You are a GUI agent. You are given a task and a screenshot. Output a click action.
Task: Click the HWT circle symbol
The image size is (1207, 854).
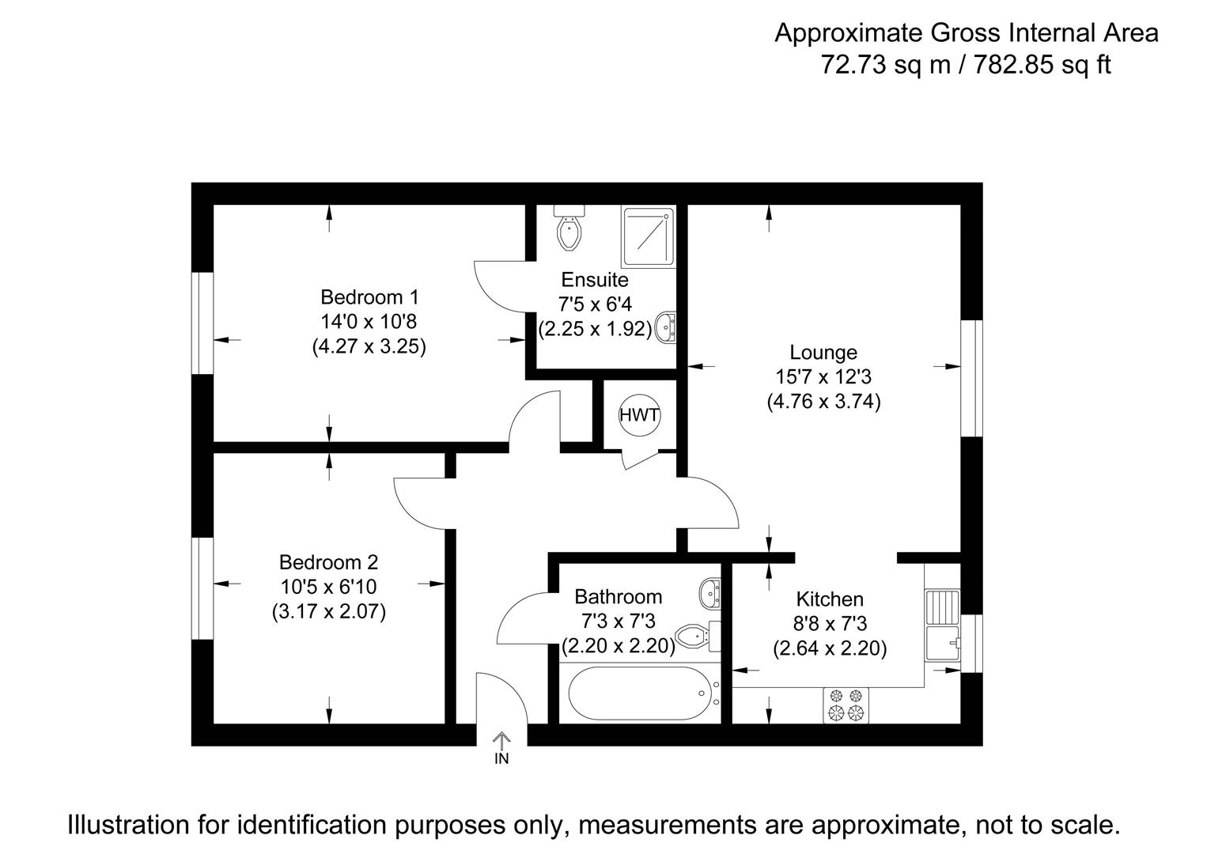tap(639, 415)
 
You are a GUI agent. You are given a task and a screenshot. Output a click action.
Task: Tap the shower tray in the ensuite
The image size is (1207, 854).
tap(649, 236)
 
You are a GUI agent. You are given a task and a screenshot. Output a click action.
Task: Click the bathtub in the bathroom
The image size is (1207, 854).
tap(641, 693)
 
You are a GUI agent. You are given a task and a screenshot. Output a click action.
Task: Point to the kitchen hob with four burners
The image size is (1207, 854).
tap(846, 705)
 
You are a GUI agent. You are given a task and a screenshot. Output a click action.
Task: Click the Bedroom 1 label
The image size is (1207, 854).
tap(369, 297)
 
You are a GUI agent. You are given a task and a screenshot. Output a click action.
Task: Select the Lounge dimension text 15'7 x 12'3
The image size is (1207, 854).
tap(823, 376)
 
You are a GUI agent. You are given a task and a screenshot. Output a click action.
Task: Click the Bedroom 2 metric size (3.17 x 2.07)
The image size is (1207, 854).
tap(328, 611)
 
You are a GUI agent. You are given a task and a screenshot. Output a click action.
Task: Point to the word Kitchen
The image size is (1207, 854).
tap(830, 599)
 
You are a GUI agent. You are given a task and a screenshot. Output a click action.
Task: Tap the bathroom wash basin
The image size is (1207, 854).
tap(710, 592)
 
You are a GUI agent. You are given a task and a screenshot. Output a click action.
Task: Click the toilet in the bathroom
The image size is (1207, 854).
tap(699, 634)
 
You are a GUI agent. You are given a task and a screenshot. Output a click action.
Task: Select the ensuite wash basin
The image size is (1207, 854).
tap(667, 327)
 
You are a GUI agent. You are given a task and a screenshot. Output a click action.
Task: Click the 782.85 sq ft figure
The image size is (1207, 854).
tap(1041, 64)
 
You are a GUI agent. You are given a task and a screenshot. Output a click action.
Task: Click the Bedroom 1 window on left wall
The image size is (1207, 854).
tap(202, 323)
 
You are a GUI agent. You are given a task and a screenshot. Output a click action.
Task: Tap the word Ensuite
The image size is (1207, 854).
tap(595, 279)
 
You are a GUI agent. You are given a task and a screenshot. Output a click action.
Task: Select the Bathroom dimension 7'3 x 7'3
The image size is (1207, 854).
tap(618, 622)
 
